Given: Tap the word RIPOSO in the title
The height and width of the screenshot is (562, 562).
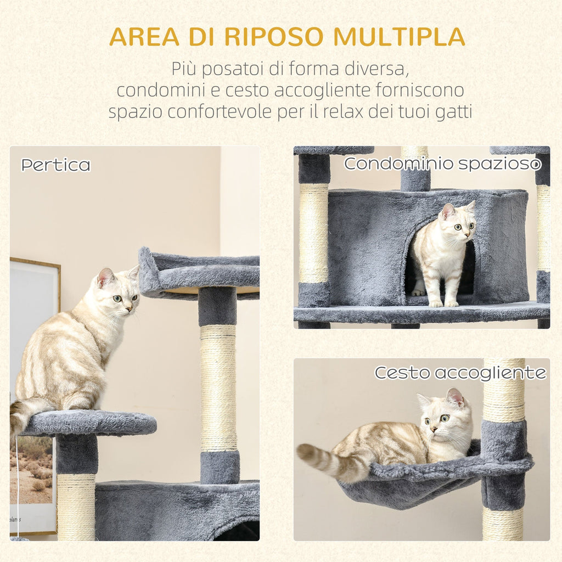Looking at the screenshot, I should pyautogui.click(x=267, y=36).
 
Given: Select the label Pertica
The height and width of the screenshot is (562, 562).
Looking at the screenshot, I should pyautogui.click(x=55, y=165).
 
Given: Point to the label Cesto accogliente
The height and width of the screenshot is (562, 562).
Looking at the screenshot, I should pyautogui.click(x=460, y=373).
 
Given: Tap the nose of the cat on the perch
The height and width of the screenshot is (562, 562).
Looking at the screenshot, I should pyautogui.click(x=128, y=308).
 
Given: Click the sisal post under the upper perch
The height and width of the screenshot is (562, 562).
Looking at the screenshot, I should pyautogui.click(x=218, y=387).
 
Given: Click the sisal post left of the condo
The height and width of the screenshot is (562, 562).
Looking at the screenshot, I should pyautogui.click(x=313, y=233).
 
